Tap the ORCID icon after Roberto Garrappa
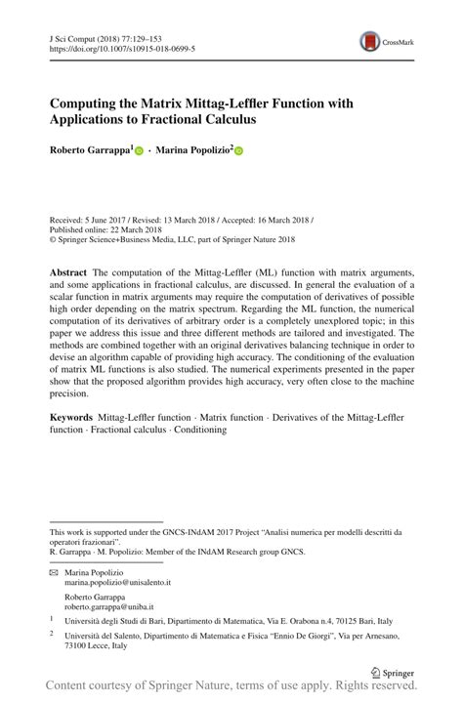pos(139,151)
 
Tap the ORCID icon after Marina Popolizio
pos(237,151)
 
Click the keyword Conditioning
pos(200,429)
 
